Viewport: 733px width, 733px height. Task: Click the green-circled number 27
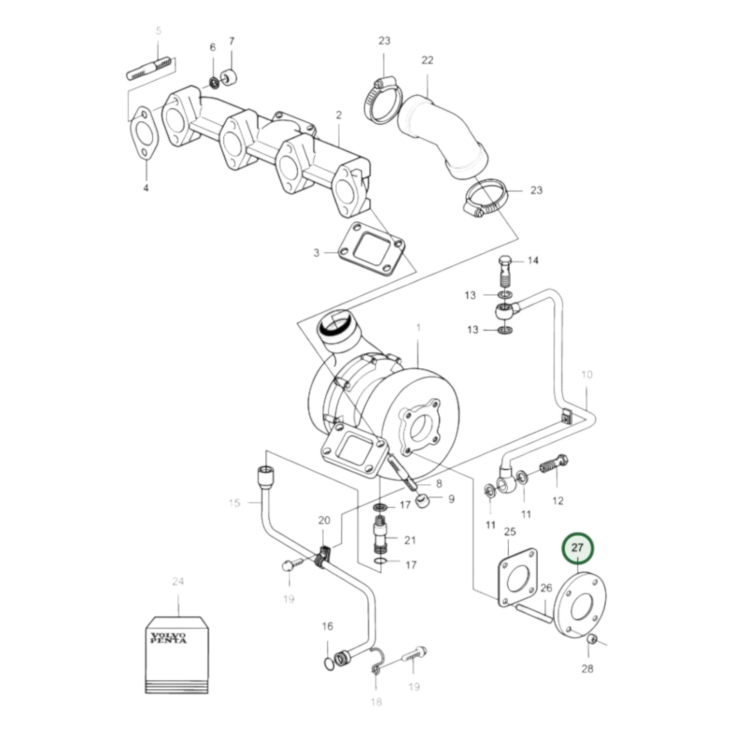click(x=577, y=548)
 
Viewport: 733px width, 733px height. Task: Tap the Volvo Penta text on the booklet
click(x=168, y=638)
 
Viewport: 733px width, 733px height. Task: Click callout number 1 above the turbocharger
click(x=418, y=328)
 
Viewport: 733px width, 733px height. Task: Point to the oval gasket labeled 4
click(x=145, y=133)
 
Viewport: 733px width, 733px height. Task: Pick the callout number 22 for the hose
click(x=427, y=60)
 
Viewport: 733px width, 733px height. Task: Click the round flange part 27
click(x=581, y=606)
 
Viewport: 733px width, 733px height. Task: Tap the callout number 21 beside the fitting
click(x=410, y=540)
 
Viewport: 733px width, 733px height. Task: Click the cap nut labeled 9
click(x=424, y=502)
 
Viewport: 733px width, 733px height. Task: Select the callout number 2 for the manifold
click(x=338, y=115)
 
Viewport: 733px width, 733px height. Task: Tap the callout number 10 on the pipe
click(x=586, y=375)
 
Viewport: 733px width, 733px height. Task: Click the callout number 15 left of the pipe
click(x=234, y=503)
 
